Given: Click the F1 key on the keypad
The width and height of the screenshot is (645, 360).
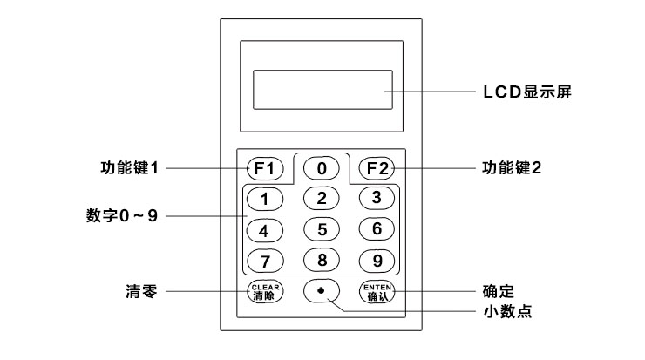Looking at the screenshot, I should [265, 167].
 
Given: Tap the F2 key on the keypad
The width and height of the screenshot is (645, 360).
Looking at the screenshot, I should [377, 167].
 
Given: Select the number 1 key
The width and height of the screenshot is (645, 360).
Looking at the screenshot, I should [265, 198].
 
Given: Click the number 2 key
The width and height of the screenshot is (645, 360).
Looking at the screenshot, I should [322, 198].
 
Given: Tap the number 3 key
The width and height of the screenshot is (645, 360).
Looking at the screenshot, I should [377, 198].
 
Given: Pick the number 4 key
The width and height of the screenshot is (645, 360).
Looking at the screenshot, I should [265, 230].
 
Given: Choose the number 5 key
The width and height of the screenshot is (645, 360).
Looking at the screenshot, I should [322, 230].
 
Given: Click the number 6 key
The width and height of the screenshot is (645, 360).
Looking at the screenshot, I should [377, 229].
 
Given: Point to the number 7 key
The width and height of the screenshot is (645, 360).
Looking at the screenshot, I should [265, 260].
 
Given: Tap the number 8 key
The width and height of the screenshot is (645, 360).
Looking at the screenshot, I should [322, 260].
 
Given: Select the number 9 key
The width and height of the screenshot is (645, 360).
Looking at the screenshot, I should [377, 260].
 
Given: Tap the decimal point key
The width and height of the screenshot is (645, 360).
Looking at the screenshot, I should [322, 290].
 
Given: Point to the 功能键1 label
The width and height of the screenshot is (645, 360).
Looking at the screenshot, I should [130, 166].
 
